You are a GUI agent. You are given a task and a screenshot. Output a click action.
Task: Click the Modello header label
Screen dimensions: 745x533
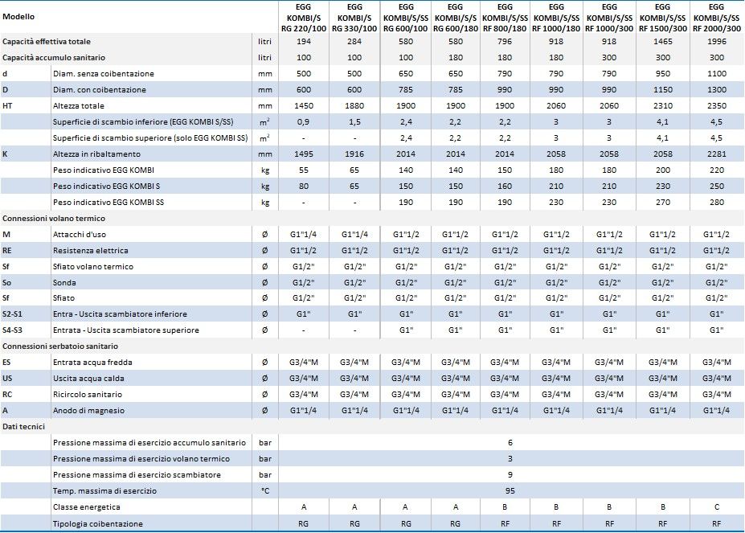[x=18, y=17]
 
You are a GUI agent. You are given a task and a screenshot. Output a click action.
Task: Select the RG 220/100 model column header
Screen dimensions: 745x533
[x=304, y=18]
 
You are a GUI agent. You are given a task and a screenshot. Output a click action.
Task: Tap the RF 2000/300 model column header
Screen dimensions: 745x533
[x=717, y=18]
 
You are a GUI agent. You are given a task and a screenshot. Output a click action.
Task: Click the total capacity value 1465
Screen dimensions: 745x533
[x=663, y=41]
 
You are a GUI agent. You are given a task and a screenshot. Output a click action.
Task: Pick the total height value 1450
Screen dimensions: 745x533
[x=304, y=105]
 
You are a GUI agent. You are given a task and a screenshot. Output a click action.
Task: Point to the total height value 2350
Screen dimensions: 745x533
[x=717, y=105]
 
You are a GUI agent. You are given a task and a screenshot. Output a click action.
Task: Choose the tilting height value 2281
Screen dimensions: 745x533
[x=717, y=154]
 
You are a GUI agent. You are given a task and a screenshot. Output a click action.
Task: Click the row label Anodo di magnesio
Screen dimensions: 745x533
[x=89, y=410]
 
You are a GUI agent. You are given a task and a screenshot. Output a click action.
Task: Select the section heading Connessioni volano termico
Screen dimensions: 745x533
[x=54, y=218]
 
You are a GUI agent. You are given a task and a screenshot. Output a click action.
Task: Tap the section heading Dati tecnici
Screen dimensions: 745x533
[x=24, y=427]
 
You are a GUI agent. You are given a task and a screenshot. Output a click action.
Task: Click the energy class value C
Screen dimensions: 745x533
[x=717, y=506]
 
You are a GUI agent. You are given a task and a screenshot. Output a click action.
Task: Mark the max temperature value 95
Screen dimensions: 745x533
[x=510, y=490]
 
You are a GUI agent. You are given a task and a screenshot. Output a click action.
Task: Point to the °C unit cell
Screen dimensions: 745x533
[x=265, y=490]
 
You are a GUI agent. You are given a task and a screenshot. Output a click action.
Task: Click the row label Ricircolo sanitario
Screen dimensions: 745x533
[x=88, y=394]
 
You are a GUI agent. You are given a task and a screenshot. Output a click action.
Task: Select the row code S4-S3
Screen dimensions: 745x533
[x=12, y=330]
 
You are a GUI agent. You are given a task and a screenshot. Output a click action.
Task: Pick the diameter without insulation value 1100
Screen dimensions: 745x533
[x=717, y=74]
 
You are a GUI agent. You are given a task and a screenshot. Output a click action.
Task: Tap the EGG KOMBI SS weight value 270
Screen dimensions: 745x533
[x=663, y=202]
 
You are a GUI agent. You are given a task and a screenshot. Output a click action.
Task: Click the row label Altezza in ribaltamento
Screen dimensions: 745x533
[x=97, y=154]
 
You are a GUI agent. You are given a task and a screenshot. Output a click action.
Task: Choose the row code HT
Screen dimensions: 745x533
[x=7, y=105]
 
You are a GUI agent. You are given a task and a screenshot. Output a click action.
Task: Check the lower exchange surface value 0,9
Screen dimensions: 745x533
[x=304, y=121]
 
